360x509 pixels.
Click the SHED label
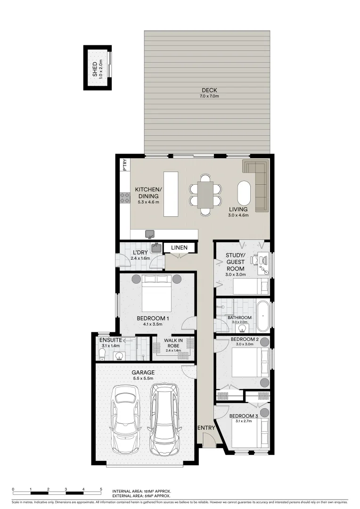coord(95,69)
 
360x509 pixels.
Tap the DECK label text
coord(209,90)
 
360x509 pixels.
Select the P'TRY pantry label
coord(125,165)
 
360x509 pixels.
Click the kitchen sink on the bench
coord(150,234)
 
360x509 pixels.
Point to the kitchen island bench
coord(171,194)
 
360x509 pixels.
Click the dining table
coord(205,195)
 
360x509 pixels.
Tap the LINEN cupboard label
coord(179,247)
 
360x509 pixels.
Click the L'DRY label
coord(128,253)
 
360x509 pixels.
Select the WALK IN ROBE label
coord(173,343)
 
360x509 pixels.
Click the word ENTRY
coord(206,428)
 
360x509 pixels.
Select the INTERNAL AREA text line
coord(141,491)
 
